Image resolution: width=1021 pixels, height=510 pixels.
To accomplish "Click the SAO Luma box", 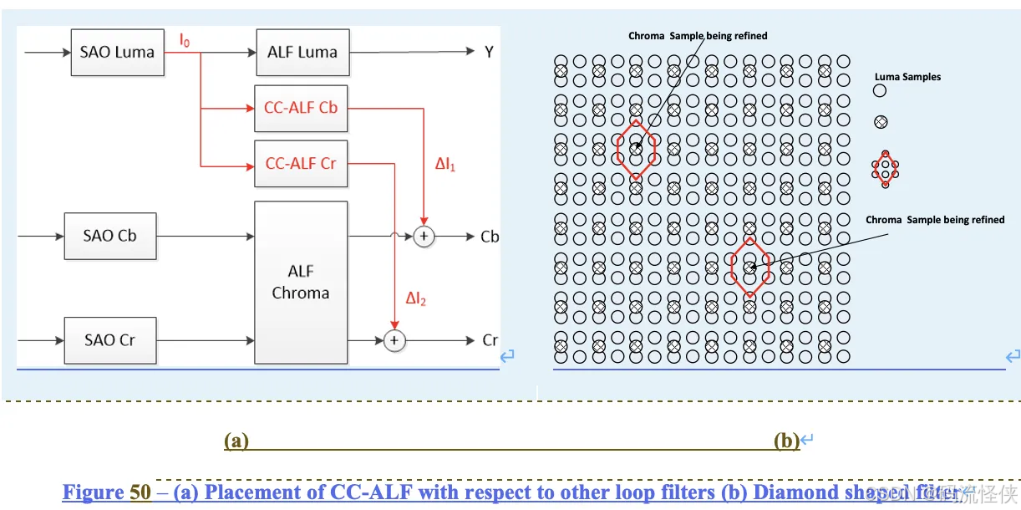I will [x=117, y=52].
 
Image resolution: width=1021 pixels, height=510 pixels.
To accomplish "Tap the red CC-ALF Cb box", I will [x=301, y=108].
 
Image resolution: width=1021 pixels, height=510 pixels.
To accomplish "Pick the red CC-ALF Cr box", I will [x=301, y=163].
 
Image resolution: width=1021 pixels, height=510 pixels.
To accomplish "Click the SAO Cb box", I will [x=109, y=236].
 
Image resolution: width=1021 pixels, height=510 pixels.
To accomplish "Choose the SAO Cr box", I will [x=109, y=340].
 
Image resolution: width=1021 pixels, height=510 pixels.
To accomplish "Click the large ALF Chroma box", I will [x=301, y=282].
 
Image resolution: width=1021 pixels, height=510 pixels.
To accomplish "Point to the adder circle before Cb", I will [x=424, y=237].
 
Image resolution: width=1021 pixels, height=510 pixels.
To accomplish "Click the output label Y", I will [x=489, y=53].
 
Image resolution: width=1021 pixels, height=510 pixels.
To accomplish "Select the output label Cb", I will [x=490, y=237].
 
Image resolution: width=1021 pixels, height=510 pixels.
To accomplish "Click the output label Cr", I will [x=490, y=340].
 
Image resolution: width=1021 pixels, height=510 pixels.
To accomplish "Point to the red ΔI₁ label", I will [x=445, y=166].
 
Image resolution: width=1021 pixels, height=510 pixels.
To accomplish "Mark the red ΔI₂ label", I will [x=416, y=298].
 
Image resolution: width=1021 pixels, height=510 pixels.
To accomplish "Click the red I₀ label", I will [x=185, y=39].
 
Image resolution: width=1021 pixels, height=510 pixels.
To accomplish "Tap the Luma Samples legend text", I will [x=907, y=77].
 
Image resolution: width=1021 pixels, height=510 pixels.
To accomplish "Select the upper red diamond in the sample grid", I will [x=637, y=149].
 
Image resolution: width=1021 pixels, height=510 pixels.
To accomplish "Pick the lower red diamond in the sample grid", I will [x=749, y=267].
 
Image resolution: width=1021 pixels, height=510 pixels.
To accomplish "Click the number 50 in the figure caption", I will [x=140, y=492].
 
